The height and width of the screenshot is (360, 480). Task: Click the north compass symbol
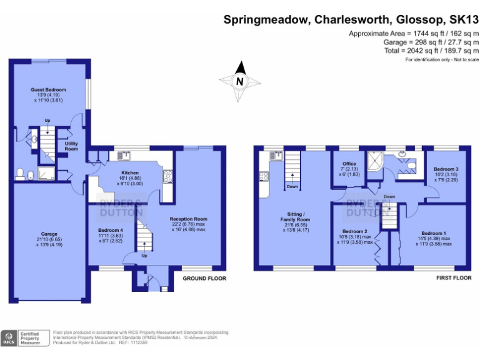point(239,81)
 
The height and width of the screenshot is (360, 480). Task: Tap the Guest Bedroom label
point(48,90)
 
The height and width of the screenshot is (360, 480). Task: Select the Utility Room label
point(71,146)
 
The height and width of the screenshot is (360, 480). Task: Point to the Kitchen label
point(129,173)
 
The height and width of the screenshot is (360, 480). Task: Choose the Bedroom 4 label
point(110,230)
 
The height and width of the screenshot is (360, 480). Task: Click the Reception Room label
point(188,219)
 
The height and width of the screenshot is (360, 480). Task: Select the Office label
point(349,164)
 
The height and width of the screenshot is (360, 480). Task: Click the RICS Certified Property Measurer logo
point(25,337)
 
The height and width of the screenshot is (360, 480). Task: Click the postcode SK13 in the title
point(462,19)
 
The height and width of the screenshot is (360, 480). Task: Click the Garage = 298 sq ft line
point(431,42)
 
